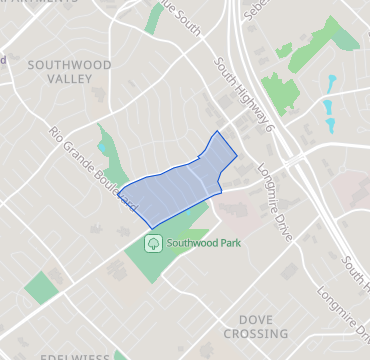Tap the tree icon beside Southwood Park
pos(153,242)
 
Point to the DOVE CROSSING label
pos(255,325)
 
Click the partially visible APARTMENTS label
pos(40,4)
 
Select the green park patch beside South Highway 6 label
pos(279,91)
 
